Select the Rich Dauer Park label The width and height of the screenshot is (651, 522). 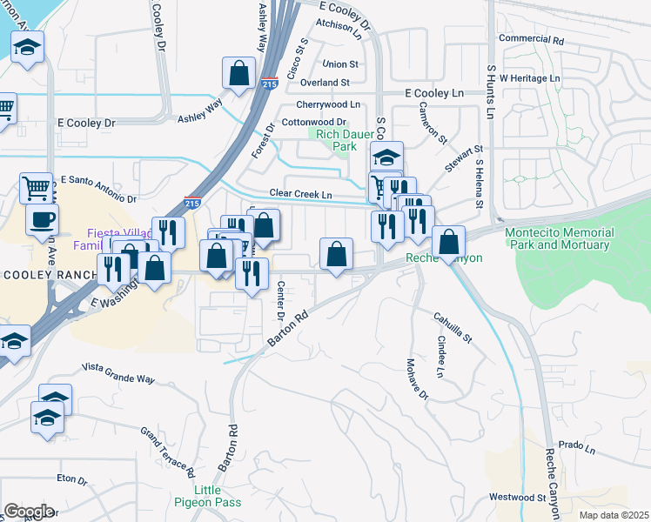(x=336, y=140)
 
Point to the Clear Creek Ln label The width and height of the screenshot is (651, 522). (x=301, y=193)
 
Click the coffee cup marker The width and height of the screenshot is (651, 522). (x=42, y=219)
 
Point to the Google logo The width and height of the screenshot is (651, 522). (x=29, y=512)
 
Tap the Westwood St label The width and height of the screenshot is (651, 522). (x=517, y=499)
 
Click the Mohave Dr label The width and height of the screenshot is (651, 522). (x=417, y=379)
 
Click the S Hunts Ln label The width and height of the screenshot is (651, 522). (x=491, y=90)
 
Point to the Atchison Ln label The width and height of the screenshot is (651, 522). (x=339, y=25)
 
